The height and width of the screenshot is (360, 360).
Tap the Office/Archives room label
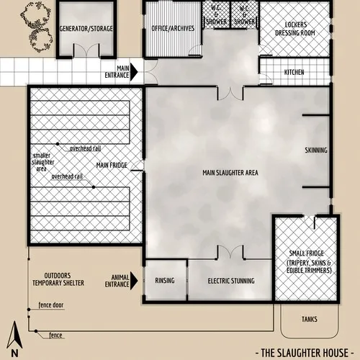pyautogui.click(x=174, y=29)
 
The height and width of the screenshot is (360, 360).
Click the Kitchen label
pyautogui.click(x=294, y=73)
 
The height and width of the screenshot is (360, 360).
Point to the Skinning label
pyautogui.click(x=316, y=150)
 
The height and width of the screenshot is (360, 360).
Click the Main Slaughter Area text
pyautogui.click(x=230, y=173)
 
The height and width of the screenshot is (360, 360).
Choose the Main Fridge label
pyautogui.click(x=112, y=166)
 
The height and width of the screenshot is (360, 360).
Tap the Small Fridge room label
pyautogui.click(x=310, y=263)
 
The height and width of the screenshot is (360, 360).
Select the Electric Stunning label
pyautogui.click(x=230, y=281)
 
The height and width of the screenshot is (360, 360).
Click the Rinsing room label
pyautogui.click(x=166, y=281)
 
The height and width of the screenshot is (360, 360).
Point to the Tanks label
pyautogui.click(x=310, y=319)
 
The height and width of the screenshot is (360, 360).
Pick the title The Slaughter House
pyautogui.click(x=305, y=352)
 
